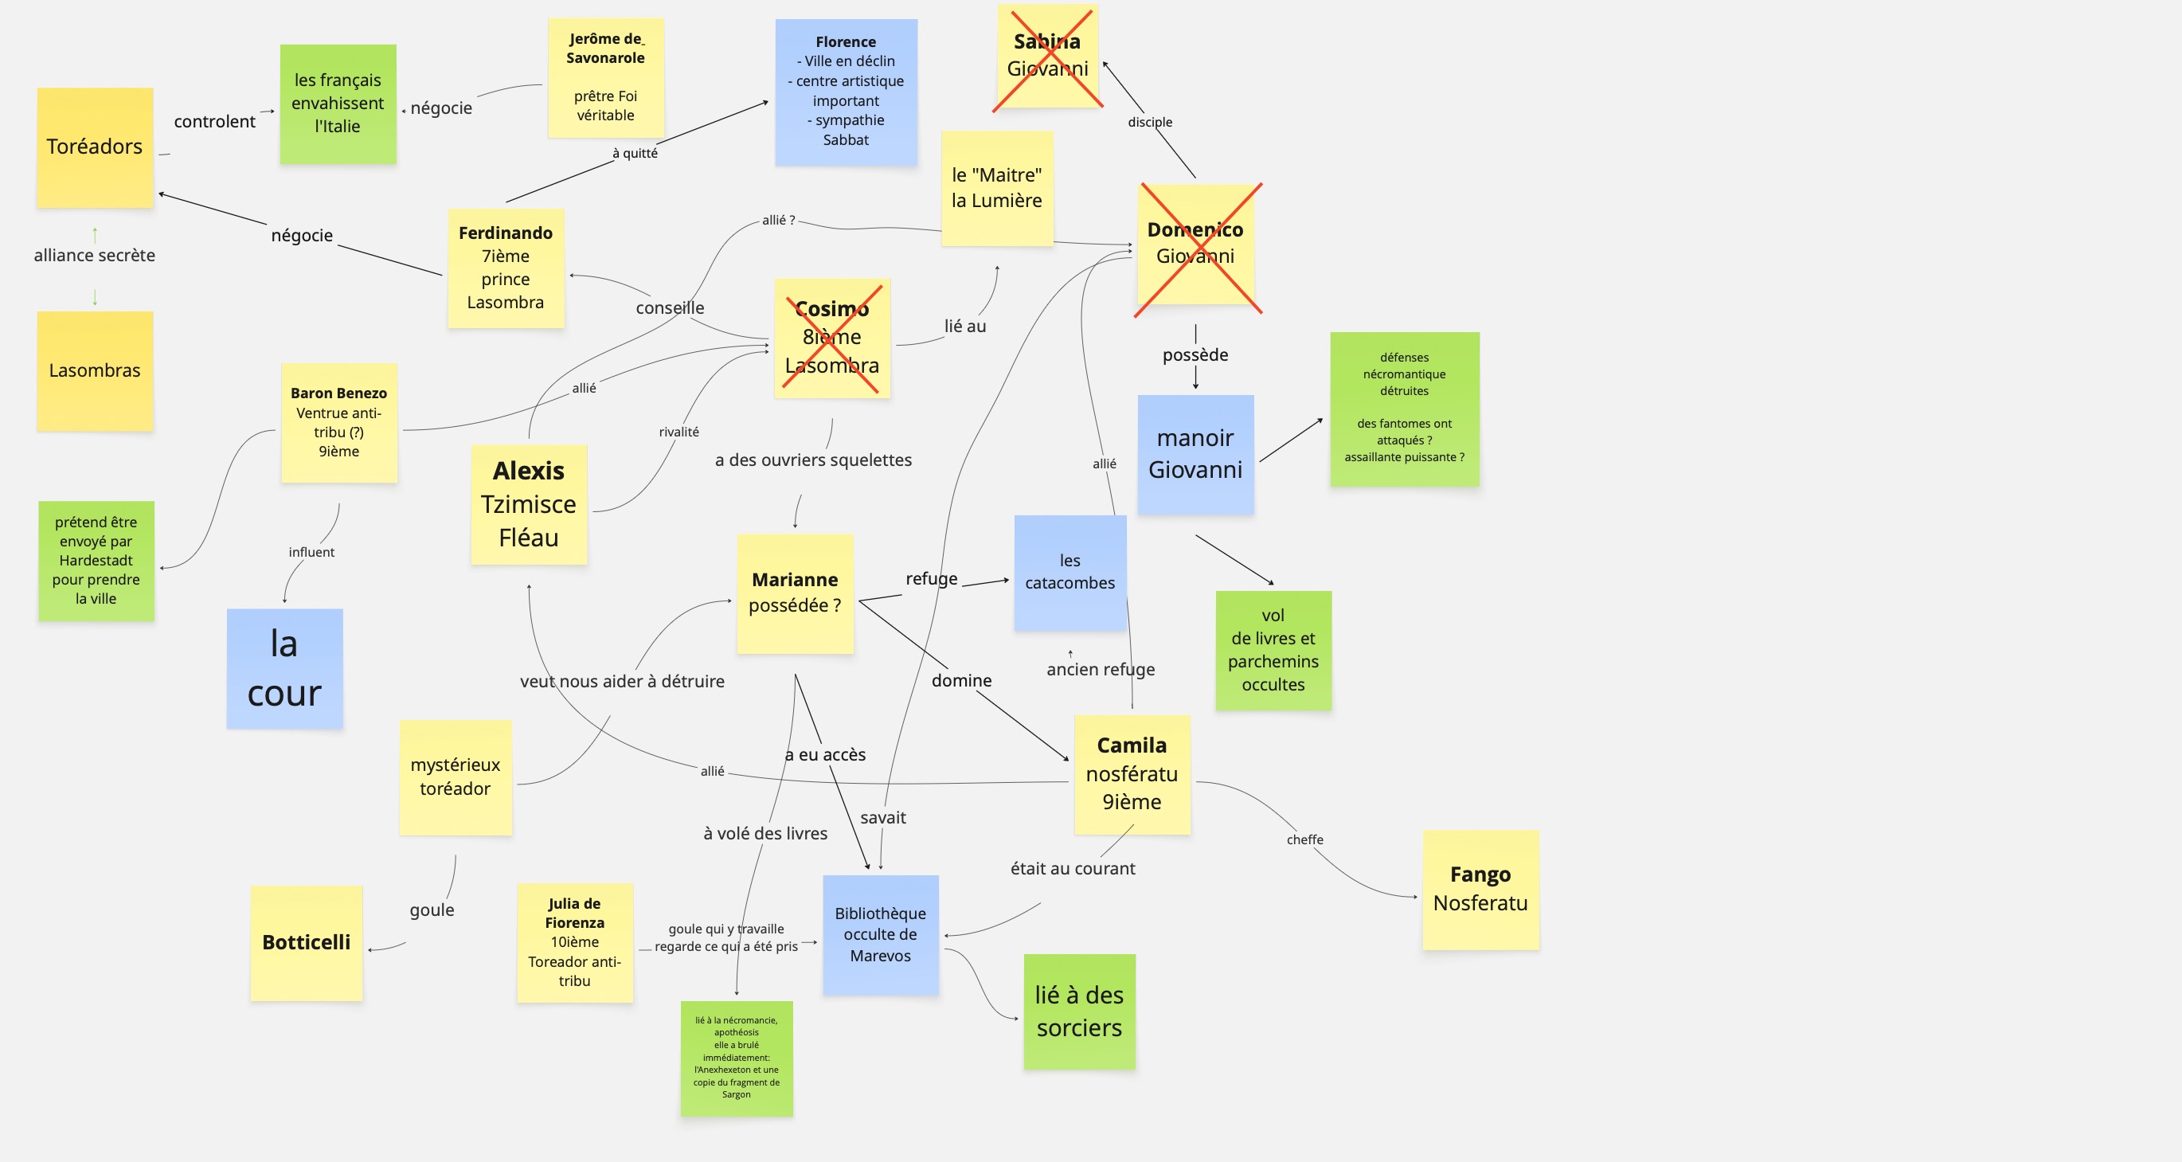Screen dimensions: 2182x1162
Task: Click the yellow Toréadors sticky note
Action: (95, 147)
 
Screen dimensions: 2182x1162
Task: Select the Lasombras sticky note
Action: (95, 371)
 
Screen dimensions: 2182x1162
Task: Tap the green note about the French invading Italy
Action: (338, 104)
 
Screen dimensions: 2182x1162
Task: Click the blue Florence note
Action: (847, 92)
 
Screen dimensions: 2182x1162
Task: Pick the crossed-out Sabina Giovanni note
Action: (1048, 56)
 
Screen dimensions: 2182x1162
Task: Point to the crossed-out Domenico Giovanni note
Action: (1195, 244)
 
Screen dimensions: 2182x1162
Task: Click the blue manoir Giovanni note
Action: (1195, 454)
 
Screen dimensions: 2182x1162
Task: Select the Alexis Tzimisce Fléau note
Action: (529, 505)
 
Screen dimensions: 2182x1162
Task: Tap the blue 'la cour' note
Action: (284, 668)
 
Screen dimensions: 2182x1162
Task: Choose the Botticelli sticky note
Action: (307, 943)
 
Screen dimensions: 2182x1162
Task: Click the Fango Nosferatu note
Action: (1480, 890)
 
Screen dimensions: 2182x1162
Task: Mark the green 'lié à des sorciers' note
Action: (1079, 1011)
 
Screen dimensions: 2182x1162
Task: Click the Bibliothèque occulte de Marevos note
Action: (881, 934)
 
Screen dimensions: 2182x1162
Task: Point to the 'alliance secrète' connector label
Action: (95, 255)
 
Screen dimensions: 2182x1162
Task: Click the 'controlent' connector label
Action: (214, 121)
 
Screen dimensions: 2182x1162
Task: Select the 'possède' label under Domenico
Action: (1195, 355)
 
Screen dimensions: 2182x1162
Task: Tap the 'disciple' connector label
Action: (1150, 122)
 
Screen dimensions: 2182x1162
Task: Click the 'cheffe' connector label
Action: (1304, 839)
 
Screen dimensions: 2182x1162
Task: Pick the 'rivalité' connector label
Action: (679, 432)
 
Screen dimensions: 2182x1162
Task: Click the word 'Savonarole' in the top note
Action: (606, 57)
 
